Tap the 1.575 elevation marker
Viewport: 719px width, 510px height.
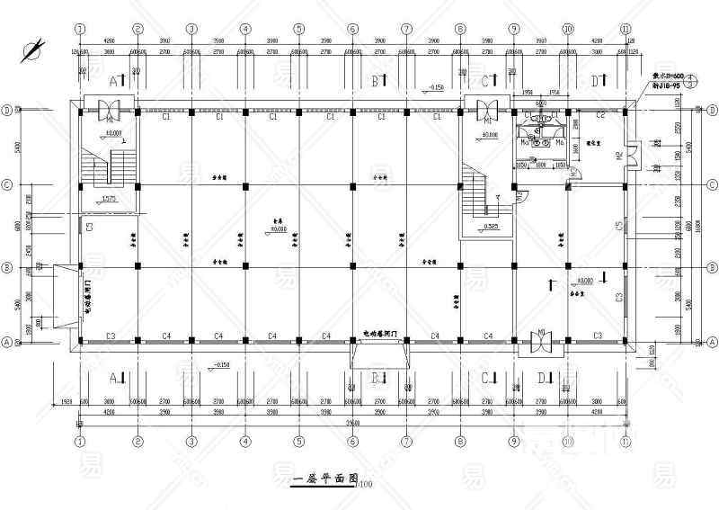pyautogui.click(x=109, y=199)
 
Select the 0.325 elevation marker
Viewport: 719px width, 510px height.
pyautogui.click(x=490, y=225)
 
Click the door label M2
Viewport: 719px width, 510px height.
pyautogui.click(x=618, y=157)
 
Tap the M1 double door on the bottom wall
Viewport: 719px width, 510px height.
pyautogui.click(x=542, y=340)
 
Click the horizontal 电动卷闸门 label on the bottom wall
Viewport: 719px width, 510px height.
pyautogui.click(x=380, y=334)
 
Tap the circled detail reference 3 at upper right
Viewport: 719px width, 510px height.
pyautogui.click(x=689, y=79)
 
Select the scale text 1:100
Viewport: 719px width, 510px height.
pyautogui.click(x=364, y=485)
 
